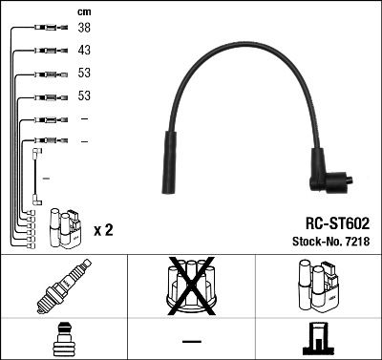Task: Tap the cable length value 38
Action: (84, 29)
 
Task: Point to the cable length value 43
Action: (84, 51)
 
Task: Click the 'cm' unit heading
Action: (83, 11)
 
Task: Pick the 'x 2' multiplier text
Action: (104, 230)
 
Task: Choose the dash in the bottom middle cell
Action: (191, 341)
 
